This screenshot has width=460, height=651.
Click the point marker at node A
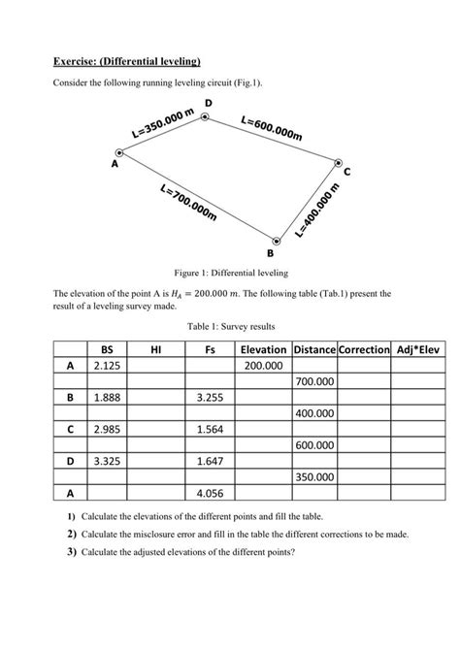119,152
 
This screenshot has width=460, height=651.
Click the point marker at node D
205,117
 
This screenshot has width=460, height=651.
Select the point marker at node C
338,162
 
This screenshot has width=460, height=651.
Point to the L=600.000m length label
271,128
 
